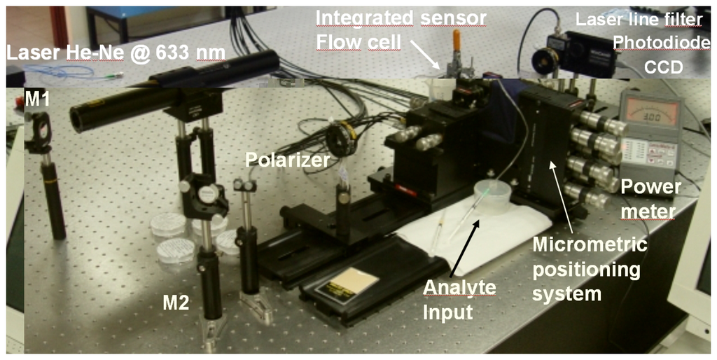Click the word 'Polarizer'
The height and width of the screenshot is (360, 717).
tap(287, 160)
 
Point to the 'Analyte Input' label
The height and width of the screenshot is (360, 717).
tap(459, 298)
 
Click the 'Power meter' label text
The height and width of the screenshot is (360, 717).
tap(650, 198)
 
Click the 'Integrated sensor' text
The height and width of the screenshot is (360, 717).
tap(401, 18)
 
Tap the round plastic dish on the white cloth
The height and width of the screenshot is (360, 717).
tap(492, 195)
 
